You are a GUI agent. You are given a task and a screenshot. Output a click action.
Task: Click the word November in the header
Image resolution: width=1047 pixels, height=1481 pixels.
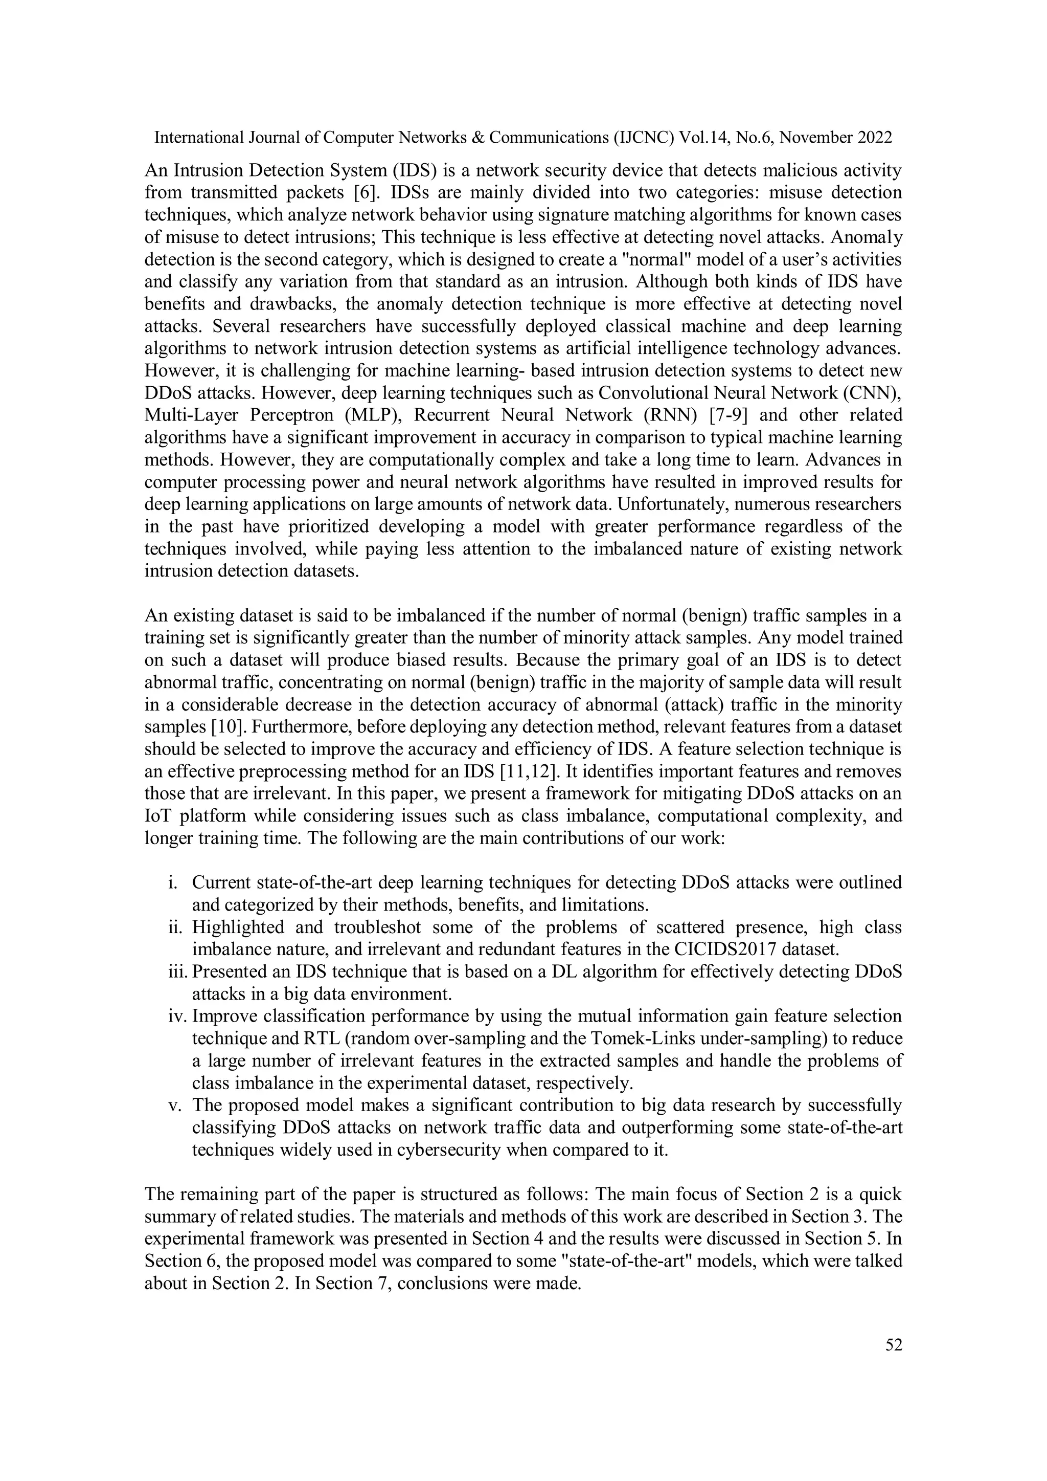(x=817, y=138)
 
